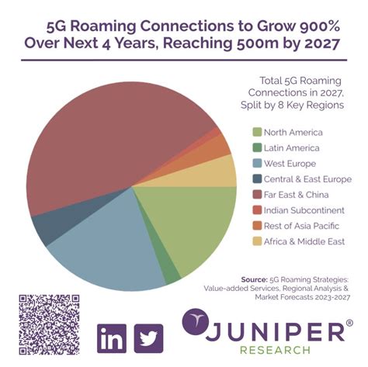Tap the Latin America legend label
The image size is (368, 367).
(x=292, y=147)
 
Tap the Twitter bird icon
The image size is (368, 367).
(x=148, y=338)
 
